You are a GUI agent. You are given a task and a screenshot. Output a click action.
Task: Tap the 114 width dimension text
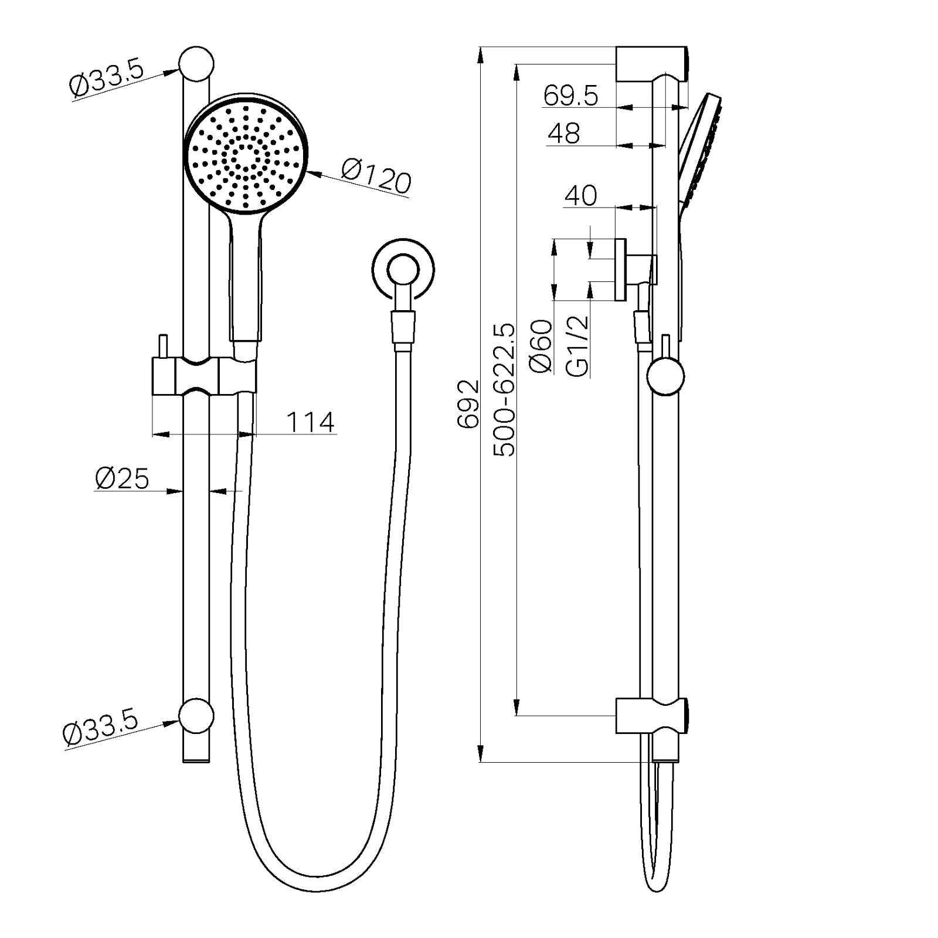(310, 422)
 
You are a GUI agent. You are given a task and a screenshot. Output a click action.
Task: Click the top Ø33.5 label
(106, 80)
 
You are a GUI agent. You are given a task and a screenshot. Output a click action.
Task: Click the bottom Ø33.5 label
(100, 726)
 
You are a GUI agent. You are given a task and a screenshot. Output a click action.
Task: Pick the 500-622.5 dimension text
(504, 390)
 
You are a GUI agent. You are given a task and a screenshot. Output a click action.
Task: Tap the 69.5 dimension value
(570, 96)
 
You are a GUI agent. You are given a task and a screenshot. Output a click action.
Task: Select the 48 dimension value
(563, 134)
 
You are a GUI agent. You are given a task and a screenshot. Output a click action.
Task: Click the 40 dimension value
(580, 195)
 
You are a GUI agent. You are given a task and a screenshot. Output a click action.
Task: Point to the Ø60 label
(541, 346)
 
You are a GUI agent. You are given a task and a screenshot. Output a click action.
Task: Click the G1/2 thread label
(577, 346)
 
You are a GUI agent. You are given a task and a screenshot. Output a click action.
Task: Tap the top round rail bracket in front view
(196, 64)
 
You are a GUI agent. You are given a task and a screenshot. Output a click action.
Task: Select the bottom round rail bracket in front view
(196, 715)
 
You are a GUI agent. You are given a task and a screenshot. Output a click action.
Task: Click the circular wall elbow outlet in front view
(403, 269)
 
